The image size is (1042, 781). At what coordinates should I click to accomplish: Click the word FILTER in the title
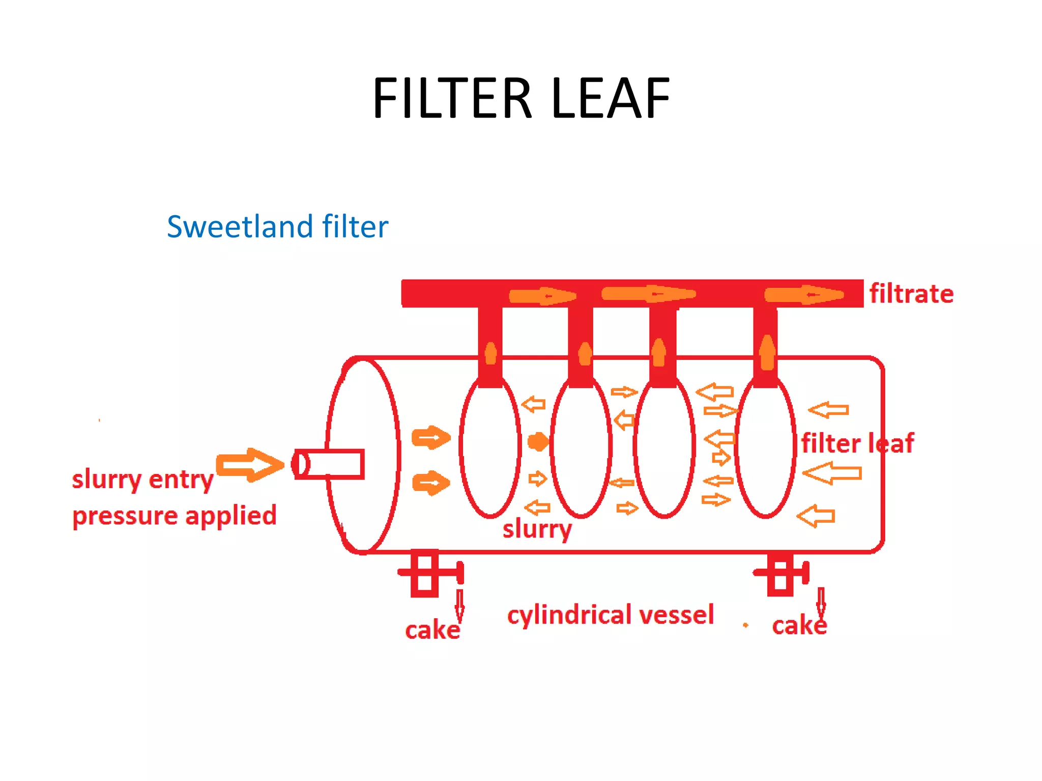[452, 98]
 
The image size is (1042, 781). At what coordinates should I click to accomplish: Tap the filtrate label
[911, 294]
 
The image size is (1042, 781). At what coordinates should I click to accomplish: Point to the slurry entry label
[142, 479]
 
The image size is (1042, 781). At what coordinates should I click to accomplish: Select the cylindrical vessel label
[611, 615]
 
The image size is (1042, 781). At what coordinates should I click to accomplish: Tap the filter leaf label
[857, 443]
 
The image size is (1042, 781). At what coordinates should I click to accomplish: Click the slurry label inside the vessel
[537, 529]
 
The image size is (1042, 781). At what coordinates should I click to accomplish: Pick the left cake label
[432, 630]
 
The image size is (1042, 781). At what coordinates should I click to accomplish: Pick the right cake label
[799, 625]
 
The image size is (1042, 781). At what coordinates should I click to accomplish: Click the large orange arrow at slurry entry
[250, 464]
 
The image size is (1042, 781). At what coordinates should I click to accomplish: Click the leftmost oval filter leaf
[490, 447]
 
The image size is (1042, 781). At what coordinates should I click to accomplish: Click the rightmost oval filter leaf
[765, 447]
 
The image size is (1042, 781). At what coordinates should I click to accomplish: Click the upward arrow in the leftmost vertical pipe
[490, 353]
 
